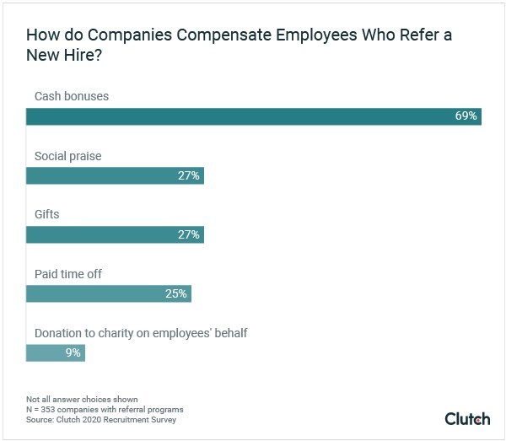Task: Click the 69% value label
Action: (466, 116)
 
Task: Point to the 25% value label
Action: (176, 293)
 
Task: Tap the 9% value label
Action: (73, 352)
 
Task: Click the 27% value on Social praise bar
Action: (188, 175)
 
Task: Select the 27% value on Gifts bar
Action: (188, 234)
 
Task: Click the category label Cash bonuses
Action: (72, 96)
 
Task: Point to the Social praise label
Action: (67, 156)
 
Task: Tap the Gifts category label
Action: (46, 215)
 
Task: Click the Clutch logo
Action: (466, 418)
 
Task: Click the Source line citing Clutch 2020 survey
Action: (101, 419)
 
